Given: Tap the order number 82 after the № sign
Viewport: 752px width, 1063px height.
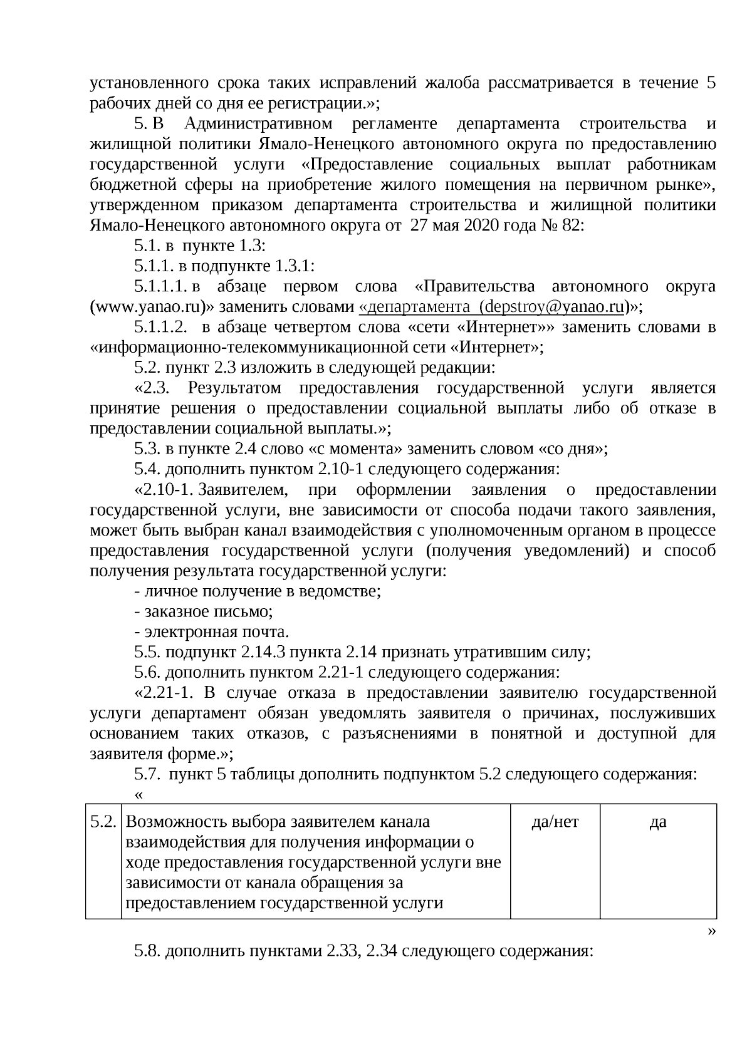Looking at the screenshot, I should [572, 226].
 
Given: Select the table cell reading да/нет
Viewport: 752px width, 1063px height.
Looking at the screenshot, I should [555, 822].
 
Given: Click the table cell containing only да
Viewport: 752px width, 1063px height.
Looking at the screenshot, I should [657, 822].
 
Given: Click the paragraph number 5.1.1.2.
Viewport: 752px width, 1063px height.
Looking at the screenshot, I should [160, 327].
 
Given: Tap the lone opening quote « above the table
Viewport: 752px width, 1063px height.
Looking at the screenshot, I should [138, 795].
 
